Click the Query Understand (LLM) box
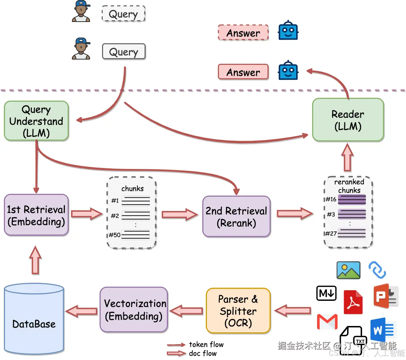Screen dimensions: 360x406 pyautogui.click(x=36, y=121)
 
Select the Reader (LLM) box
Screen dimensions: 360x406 pyautogui.click(x=348, y=120)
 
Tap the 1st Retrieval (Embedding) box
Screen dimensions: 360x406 pyautogui.click(x=36, y=215)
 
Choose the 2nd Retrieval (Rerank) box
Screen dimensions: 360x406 pyautogui.click(x=236, y=216)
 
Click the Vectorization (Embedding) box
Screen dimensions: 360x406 pyautogui.click(x=134, y=309)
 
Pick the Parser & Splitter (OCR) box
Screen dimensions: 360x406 pyautogui.click(x=238, y=311)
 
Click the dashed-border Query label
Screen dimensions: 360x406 pyautogui.click(x=123, y=14)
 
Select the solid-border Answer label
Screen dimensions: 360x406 pyautogui.click(x=243, y=72)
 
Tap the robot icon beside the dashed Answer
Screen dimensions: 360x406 pyautogui.click(x=288, y=31)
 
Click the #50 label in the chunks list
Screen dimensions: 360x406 pyautogui.click(x=114, y=235)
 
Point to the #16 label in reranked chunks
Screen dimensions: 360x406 pyautogui.click(x=331, y=199)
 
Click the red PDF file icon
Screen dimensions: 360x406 pyautogui.click(x=353, y=302)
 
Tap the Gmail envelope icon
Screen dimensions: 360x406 pyautogui.click(x=327, y=322)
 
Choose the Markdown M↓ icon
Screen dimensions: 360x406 pyautogui.click(x=326, y=293)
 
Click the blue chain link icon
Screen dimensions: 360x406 pyautogui.click(x=377, y=270)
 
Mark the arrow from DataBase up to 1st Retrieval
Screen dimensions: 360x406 pyautogui.click(x=35, y=260)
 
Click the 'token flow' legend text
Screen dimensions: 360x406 pyautogui.click(x=206, y=344)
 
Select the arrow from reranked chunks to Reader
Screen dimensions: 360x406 pyautogui.click(x=348, y=158)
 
